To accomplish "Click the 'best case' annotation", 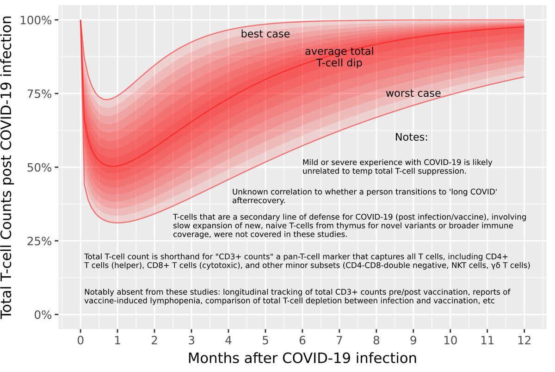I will (x=265, y=34).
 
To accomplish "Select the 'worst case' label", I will (x=413, y=94).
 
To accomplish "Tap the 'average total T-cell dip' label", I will (x=339, y=57).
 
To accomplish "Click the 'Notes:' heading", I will (x=411, y=138).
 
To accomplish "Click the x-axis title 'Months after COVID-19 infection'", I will (x=302, y=358).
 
